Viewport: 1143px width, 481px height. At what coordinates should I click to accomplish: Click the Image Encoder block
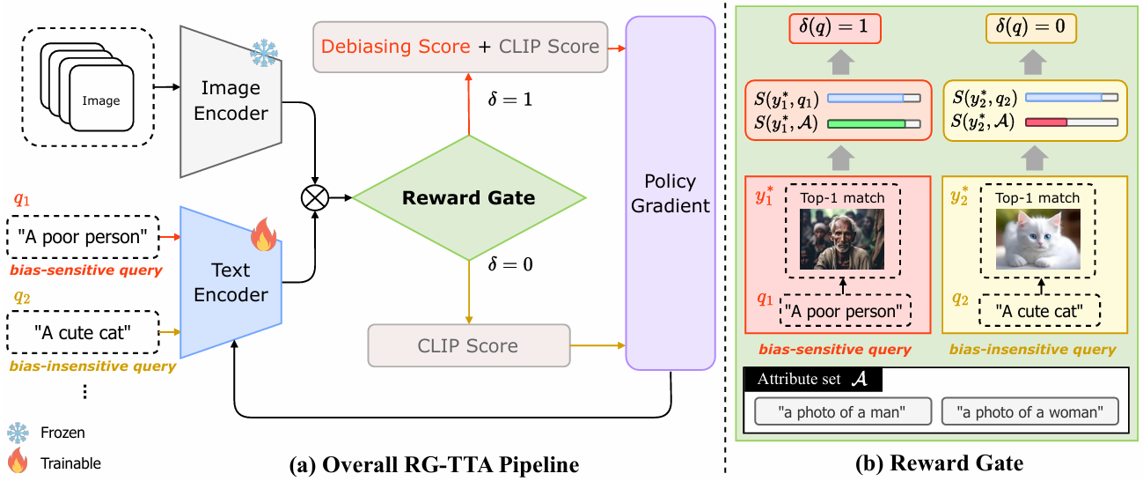click(231, 100)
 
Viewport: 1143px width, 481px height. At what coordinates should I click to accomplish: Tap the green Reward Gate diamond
click(468, 197)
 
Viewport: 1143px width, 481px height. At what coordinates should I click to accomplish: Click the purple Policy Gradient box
click(670, 194)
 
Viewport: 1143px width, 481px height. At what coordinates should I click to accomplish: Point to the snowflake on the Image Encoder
click(263, 53)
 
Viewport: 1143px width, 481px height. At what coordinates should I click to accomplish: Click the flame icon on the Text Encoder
click(262, 237)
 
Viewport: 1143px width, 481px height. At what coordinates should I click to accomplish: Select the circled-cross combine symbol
click(315, 198)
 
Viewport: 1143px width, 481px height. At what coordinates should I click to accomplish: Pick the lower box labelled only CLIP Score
click(468, 345)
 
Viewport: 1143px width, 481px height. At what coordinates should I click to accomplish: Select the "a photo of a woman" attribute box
click(1029, 411)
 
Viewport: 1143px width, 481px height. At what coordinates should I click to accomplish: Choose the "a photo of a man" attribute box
click(842, 411)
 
